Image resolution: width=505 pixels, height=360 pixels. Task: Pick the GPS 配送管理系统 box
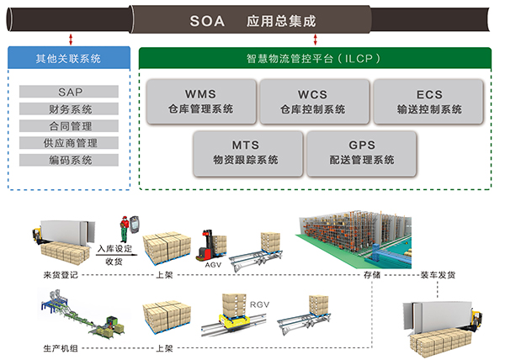click(361, 152)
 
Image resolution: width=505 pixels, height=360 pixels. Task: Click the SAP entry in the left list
click(71, 92)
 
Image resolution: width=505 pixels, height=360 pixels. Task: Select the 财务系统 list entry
click(71, 109)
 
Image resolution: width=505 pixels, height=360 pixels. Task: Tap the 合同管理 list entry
click(71, 125)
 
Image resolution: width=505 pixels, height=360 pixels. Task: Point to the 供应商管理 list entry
click(71, 143)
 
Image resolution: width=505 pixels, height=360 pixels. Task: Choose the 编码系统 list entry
click(71, 160)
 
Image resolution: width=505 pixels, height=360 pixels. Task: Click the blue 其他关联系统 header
click(69, 59)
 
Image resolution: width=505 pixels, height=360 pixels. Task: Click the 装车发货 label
click(439, 274)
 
